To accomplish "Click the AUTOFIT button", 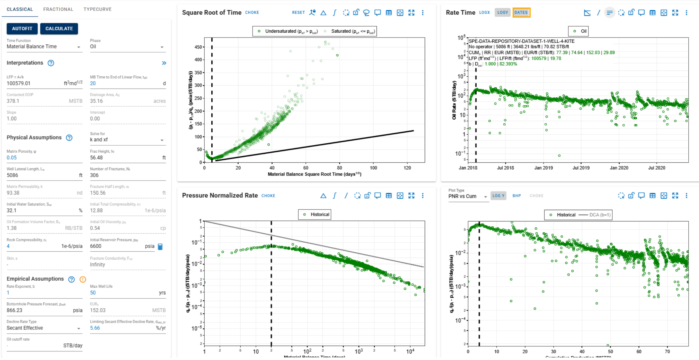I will coord(22,29).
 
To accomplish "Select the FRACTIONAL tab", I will coord(58,9).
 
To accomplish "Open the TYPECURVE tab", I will coord(97,9).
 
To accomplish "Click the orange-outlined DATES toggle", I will coord(521,13).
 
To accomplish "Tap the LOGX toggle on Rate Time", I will coord(484,13).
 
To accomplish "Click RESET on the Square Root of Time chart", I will coord(298,13).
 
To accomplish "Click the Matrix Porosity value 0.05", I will coord(12,158).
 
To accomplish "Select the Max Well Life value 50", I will coord(93,293).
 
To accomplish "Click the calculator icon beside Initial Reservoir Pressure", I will coord(160,246).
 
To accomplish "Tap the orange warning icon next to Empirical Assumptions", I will coord(82,279).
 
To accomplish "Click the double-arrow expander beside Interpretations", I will coord(164,63).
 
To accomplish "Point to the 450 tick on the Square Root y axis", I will coord(198,47).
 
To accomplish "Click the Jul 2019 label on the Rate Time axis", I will coord(581,168).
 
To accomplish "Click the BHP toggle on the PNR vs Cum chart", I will coord(516,196).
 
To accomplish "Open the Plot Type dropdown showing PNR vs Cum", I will coord(467,196).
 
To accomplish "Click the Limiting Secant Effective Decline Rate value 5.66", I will coord(95,328).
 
